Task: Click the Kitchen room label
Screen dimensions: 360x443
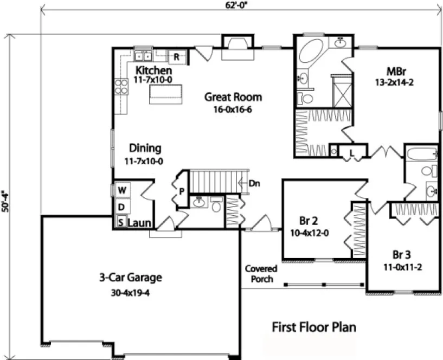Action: click(154, 70)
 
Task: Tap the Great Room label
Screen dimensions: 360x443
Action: click(233, 98)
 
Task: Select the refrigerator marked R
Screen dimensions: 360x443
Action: click(176, 56)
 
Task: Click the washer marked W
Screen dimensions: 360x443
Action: click(122, 190)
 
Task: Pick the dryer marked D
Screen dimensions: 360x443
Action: click(122, 207)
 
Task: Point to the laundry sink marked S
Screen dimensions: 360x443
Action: click(121, 222)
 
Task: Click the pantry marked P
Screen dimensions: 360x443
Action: click(181, 191)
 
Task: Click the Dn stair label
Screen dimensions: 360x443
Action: click(254, 183)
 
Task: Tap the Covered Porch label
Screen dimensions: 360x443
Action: click(261, 274)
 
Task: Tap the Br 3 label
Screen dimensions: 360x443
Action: click(402, 255)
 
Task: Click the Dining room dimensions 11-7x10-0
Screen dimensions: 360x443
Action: click(144, 161)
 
